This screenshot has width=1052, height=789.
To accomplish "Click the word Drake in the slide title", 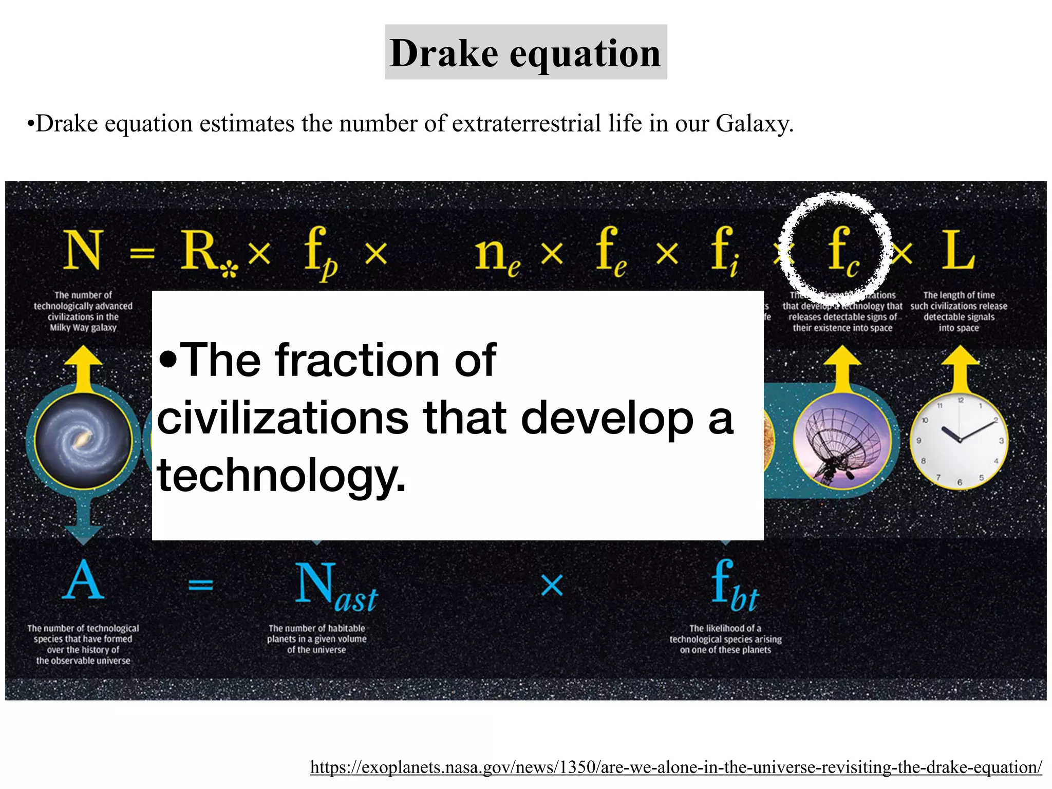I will tap(444, 53).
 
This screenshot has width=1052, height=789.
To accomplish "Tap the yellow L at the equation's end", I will tap(957, 250).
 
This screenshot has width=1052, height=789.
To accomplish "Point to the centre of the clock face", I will tap(959, 441).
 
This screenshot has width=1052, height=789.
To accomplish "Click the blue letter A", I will tap(83, 580).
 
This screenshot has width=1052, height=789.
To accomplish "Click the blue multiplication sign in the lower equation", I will tap(552, 585).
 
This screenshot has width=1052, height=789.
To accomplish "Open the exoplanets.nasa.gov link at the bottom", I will tap(676, 767).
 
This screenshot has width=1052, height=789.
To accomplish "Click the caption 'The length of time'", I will tap(959, 295).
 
